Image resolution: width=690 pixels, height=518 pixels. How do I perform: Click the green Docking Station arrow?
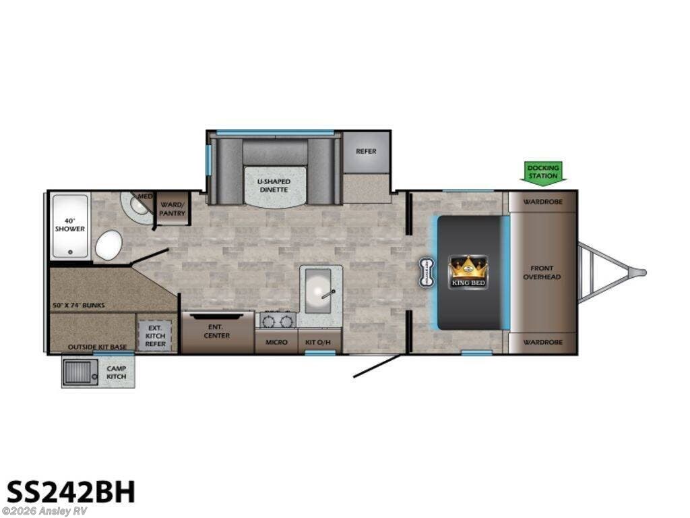tap(543, 172)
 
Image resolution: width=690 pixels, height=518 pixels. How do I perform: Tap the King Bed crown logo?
tap(468, 272)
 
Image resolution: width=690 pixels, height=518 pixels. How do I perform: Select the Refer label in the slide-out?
tap(366, 151)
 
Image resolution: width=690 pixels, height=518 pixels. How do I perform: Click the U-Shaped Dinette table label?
tap(274, 185)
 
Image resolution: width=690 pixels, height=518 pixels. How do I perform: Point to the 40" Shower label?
tap(70, 225)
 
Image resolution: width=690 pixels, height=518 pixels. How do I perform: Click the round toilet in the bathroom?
tap(108, 245)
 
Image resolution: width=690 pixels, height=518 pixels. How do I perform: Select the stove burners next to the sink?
tap(278, 320)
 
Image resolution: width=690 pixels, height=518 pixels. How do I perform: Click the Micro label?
tap(276, 342)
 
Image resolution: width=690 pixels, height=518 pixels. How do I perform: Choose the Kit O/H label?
tap(320, 342)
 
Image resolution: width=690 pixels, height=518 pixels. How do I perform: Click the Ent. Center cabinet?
tap(218, 331)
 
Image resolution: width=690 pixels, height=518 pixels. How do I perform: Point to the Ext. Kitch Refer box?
tap(155, 335)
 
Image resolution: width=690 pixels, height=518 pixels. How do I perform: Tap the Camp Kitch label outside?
tap(116, 372)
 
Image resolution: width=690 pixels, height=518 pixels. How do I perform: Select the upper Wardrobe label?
tap(543, 201)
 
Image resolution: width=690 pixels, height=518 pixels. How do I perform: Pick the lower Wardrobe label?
tap(543, 342)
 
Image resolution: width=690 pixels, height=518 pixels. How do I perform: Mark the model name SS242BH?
tap(71, 492)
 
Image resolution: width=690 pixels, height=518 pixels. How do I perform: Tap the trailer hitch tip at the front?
tap(643, 273)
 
